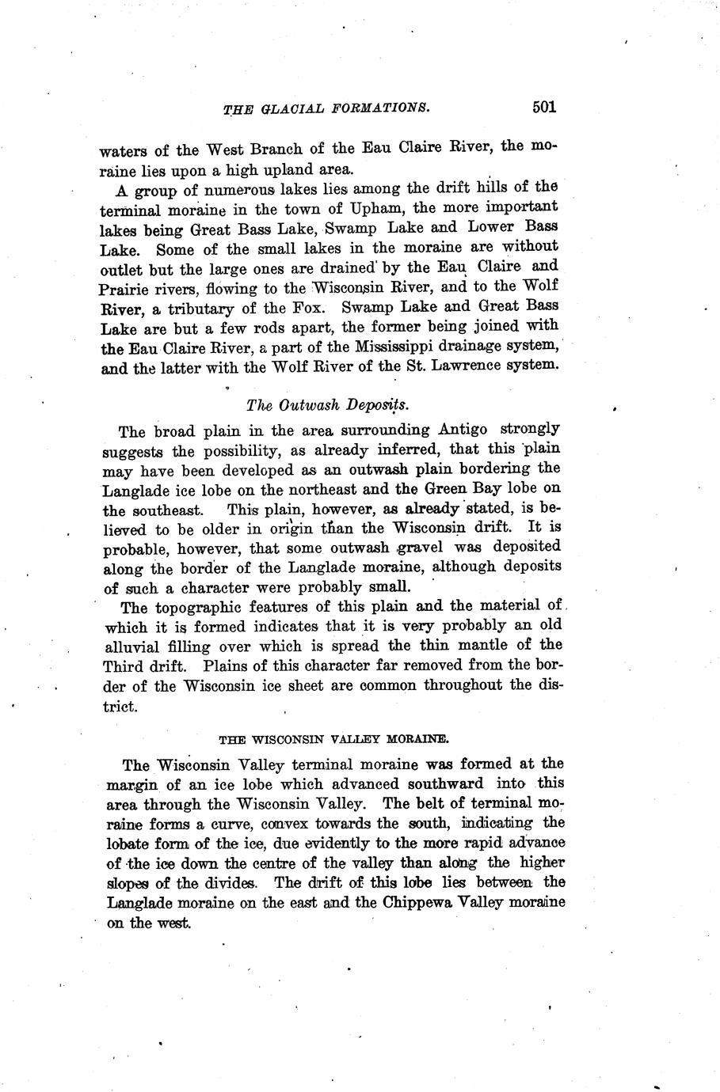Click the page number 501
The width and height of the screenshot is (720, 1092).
point(544,107)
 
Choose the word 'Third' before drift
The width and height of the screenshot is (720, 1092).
point(122,666)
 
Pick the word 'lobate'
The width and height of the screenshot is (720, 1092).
point(128,844)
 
